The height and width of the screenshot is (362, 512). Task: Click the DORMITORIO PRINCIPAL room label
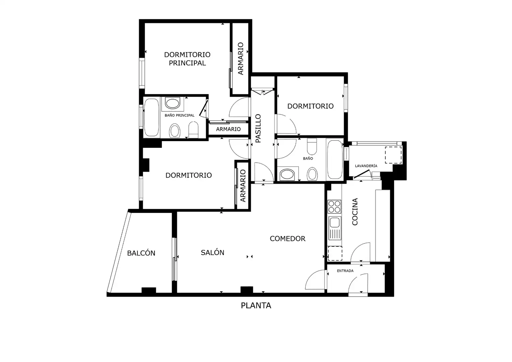[x=187, y=59]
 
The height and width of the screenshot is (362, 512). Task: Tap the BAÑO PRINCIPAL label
[x=179, y=115]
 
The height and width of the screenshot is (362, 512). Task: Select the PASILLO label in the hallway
[x=258, y=128]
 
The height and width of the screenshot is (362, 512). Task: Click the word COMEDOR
[x=287, y=239]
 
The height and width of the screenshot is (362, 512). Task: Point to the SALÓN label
[x=212, y=252]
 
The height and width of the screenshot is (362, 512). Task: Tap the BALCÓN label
[x=141, y=253]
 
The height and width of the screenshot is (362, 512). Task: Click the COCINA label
[x=355, y=212]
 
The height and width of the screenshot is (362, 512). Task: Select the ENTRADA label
[x=345, y=271]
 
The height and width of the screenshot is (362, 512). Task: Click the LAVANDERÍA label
[x=366, y=166]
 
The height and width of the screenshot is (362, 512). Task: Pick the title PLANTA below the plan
[x=256, y=305]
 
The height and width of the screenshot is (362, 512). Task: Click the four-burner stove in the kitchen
[x=334, y=206]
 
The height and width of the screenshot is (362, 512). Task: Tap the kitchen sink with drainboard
[x=335, y=228]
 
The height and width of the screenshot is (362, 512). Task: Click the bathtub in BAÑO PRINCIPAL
[x=151, y=118]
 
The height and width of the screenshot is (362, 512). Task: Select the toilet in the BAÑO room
[x=312, y=146]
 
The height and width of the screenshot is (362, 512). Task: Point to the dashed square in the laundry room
[x=393, y=155]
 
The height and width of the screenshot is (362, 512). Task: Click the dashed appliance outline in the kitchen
[x=335, y=253]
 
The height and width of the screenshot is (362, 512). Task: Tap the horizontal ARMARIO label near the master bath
[x=228, y=129]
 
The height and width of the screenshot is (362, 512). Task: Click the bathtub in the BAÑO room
[x=335, y=160]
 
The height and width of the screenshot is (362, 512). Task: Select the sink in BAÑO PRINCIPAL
[x=172, y=103]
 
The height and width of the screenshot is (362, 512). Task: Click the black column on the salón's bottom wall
[x=247, y=290]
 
